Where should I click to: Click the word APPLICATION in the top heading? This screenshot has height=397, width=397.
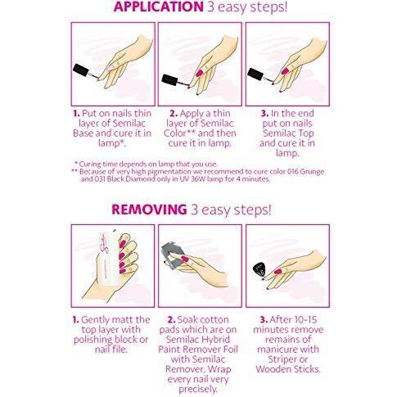coord(159,7)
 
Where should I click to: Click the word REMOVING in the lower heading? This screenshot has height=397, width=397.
coord(149,210)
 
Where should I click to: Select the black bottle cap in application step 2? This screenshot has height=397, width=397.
coord(170,79)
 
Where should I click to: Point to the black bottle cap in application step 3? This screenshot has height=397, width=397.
coord(255,74)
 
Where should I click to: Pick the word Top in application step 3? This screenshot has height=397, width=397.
coord(306,133)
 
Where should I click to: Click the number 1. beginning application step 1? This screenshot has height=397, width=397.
coord(76,114)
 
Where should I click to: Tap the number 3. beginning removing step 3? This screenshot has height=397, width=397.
coord(264,319)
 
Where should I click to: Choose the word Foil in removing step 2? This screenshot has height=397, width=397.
coord(230,350)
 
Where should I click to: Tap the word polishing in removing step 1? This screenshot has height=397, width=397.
coord(92,340)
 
